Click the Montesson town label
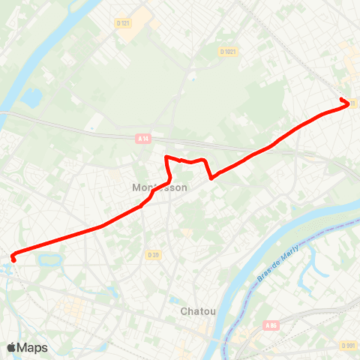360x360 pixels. click(158, 187)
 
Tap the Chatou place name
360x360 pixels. click(198, 310)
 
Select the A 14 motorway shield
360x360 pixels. click(143, 138)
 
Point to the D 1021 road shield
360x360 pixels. click(228, 51)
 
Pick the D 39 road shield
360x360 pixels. click(153, 255)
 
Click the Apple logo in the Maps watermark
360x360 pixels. click(11, 347)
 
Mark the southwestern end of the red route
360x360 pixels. click(13, 260)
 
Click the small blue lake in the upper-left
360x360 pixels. click(33, 97)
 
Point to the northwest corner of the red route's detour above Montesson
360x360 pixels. click(166, 157)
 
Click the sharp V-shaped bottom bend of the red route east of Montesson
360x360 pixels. click(212, 178)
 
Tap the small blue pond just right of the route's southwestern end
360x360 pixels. click(49, 260)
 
